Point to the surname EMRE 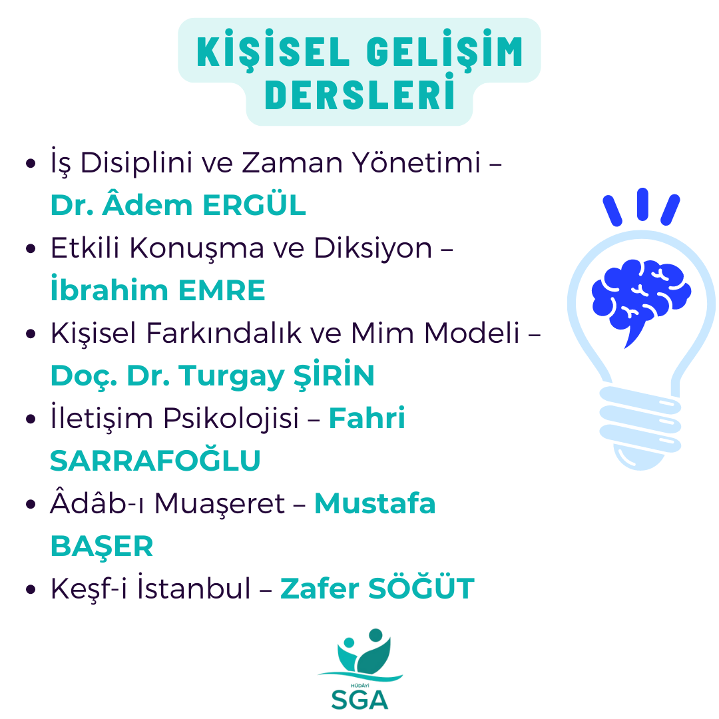(222, 290)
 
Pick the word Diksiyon (373, 248)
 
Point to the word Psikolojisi (231, 419)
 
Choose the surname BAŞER (102, 547)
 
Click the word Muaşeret (220, 504)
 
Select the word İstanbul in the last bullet (194, 587)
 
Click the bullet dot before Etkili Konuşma (31, 248)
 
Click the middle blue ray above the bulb (642, 204)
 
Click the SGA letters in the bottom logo (359, 700)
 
